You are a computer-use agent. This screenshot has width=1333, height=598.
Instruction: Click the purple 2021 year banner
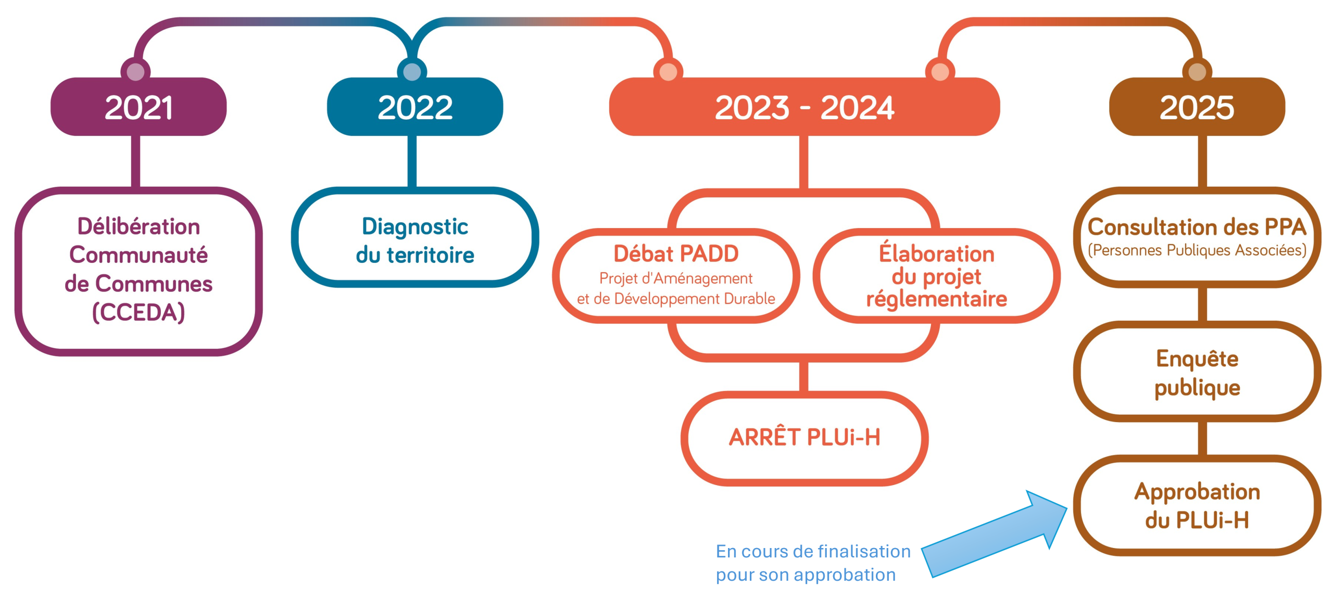(x=139, y=107)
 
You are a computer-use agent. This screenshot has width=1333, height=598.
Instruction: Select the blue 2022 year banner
(x=415, y=107)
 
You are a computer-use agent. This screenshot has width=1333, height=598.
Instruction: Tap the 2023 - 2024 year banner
(x=804, y=107)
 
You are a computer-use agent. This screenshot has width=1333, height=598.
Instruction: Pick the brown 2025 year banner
(x=1197, y=107)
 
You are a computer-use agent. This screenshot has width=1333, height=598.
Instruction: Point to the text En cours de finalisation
(x=813, y=551)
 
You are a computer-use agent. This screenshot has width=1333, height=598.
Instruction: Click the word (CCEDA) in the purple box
(x=139, y=312)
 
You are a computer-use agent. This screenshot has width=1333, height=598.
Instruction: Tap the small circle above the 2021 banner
(x=135, y=72)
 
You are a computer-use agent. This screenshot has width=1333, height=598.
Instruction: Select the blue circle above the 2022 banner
(x=412, y=72)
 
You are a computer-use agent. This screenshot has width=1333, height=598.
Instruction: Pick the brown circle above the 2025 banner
(x=1197, y=72)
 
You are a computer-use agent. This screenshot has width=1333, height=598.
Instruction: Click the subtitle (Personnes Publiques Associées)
(x=1197, y=250)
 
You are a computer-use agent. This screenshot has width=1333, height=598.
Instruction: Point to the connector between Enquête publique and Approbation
(x=1202, y=439)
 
